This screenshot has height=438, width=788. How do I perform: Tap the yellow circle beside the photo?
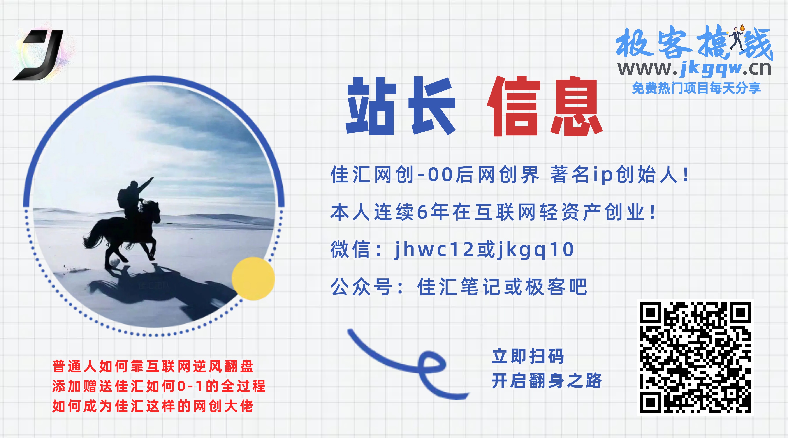[253, 279]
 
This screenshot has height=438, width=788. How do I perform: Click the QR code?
[696, 357]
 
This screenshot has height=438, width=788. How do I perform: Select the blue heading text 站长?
[401, 106]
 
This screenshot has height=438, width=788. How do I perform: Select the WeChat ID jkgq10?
[535, 250]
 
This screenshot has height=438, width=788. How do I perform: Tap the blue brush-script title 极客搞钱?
[694, 43]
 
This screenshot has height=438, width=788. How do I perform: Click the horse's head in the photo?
[155, 211]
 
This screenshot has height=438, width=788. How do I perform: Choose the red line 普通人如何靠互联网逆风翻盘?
[153, 366]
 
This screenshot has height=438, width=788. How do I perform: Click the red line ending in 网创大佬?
[153, 406]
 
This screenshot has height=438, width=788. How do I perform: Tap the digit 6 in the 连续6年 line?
[422, 212]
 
